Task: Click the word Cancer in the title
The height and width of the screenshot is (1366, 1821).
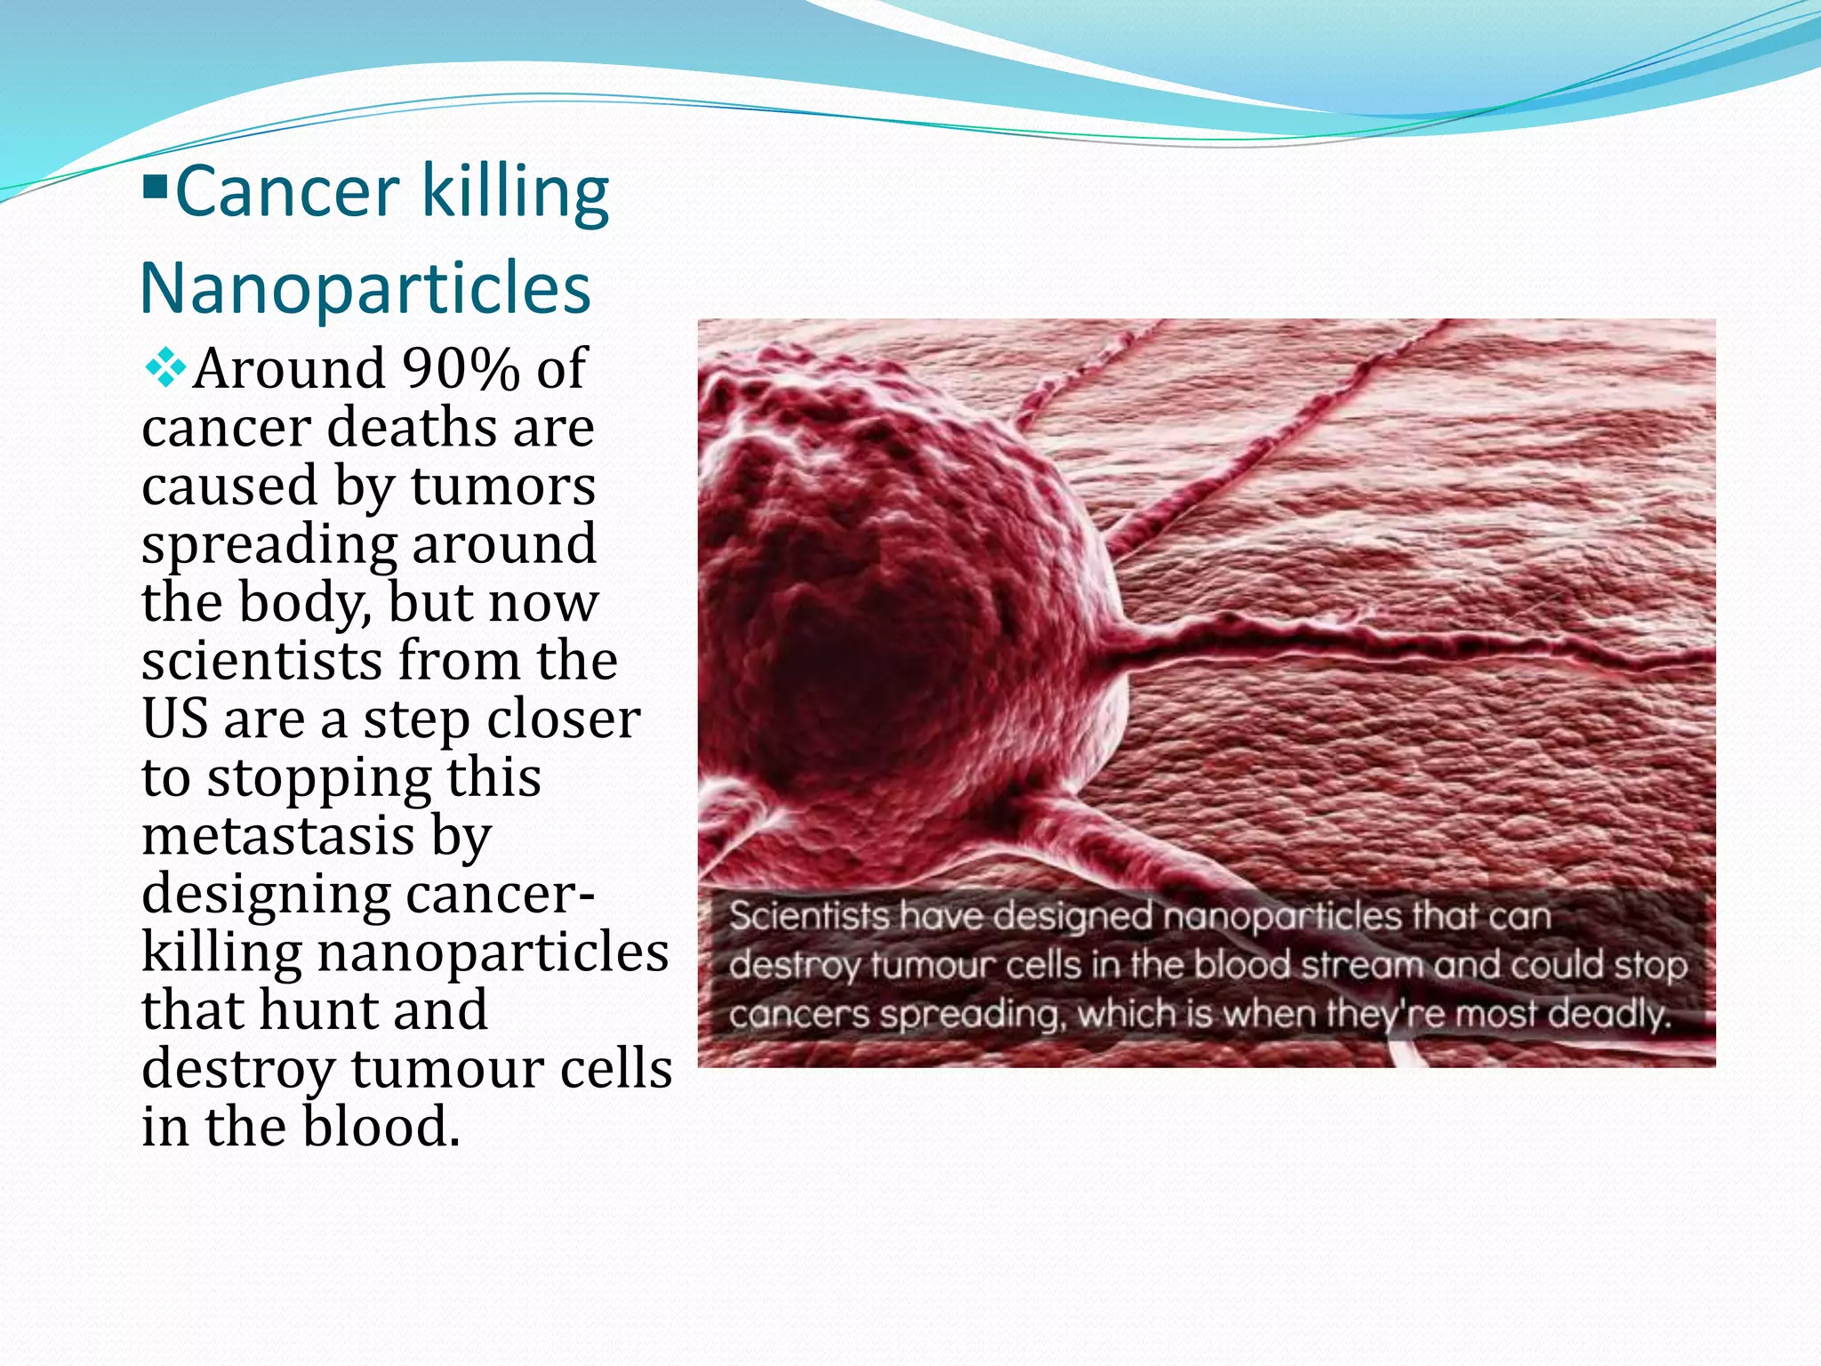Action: (287, 192)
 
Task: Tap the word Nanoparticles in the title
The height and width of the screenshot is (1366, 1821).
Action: (365, 288)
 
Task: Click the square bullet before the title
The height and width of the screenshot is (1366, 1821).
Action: (155, 187)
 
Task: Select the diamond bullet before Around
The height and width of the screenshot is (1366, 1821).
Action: (165, 368)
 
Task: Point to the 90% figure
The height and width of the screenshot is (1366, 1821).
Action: (461, 368)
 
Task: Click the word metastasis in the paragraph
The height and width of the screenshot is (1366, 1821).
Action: (278, 836)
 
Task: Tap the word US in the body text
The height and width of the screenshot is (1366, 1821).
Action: (174, 719)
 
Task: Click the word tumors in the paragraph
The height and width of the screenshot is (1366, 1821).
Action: (502, 486)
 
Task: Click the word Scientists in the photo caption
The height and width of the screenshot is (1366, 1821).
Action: (808, 916)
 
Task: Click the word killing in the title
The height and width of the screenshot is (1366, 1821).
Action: (514, 192)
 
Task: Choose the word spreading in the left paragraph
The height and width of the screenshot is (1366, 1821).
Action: (269, 545)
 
